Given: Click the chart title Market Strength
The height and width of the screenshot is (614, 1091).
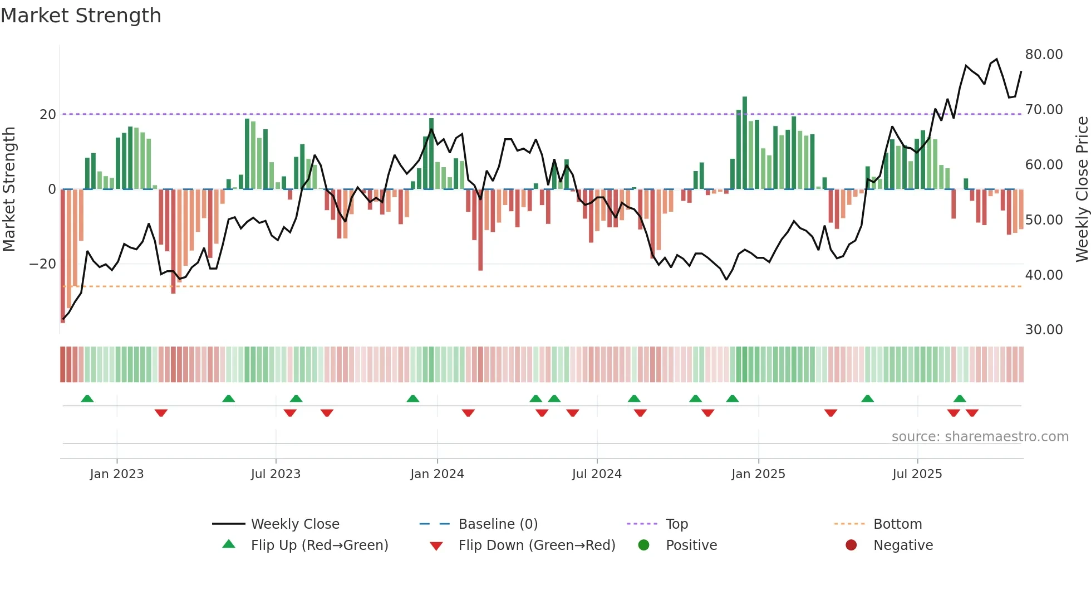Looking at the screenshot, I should point(81,16).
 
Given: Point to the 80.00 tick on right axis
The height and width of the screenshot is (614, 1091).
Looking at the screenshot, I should point(1044,55).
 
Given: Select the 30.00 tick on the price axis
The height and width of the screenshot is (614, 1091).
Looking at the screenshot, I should point(1044,330).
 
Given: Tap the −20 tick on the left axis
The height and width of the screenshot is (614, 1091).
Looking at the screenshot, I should point(43,264).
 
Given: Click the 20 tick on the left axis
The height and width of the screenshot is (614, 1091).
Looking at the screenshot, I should point(48,115).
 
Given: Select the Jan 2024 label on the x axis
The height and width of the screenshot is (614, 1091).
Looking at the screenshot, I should point(437,474).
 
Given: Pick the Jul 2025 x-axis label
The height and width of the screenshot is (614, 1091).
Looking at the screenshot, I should point(917,474).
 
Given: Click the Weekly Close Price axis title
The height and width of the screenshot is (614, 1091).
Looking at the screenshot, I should point(1082,189).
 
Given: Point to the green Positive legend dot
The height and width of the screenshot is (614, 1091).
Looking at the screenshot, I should point(644,545).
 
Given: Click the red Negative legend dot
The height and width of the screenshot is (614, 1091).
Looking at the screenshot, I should point(851,545).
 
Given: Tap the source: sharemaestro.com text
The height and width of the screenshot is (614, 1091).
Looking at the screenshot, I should point(980,437).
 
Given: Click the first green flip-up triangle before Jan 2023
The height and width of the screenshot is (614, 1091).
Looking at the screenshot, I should point(87,398).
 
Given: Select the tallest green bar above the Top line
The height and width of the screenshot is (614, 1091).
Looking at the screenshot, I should point(745,142).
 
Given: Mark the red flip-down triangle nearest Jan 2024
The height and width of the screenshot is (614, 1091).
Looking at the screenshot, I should point(468,413).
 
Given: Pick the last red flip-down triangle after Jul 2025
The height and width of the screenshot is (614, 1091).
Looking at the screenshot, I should point(972,413).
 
